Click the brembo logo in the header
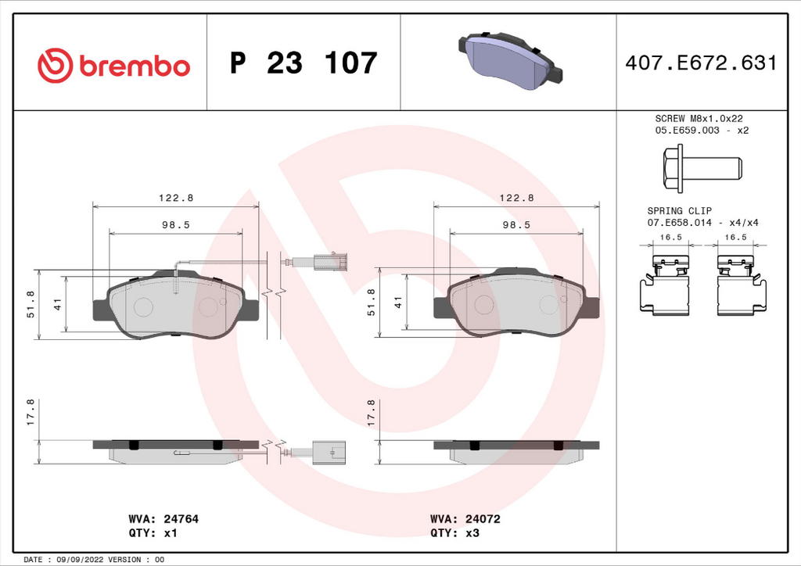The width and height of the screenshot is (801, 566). click(x=113, y=66)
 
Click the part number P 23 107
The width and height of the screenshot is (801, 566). click(x=304, y=63)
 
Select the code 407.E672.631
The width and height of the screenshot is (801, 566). click(x=701, y=63)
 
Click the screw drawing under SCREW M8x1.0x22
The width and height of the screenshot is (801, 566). click(x=702, y=168)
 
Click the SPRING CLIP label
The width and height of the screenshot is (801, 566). click(x=680, y=210)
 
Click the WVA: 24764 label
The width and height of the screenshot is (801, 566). click(x=163, y=519)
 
